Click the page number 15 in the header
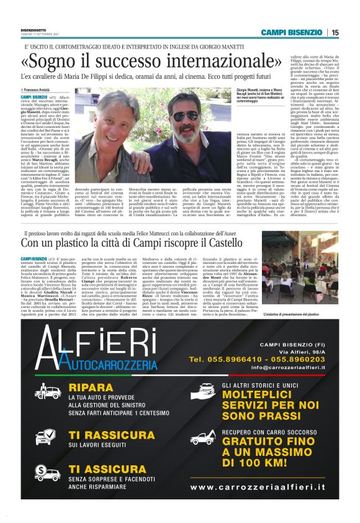click(x=335, y=32)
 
